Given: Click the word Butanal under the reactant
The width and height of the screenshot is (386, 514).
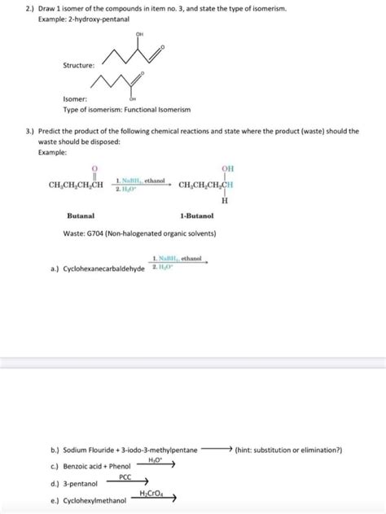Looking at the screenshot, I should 81,216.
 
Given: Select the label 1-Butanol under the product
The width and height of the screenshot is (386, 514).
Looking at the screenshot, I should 196,216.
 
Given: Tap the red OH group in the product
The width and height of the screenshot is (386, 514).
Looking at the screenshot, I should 227,168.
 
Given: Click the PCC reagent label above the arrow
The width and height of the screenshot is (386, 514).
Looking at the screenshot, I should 125,477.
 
